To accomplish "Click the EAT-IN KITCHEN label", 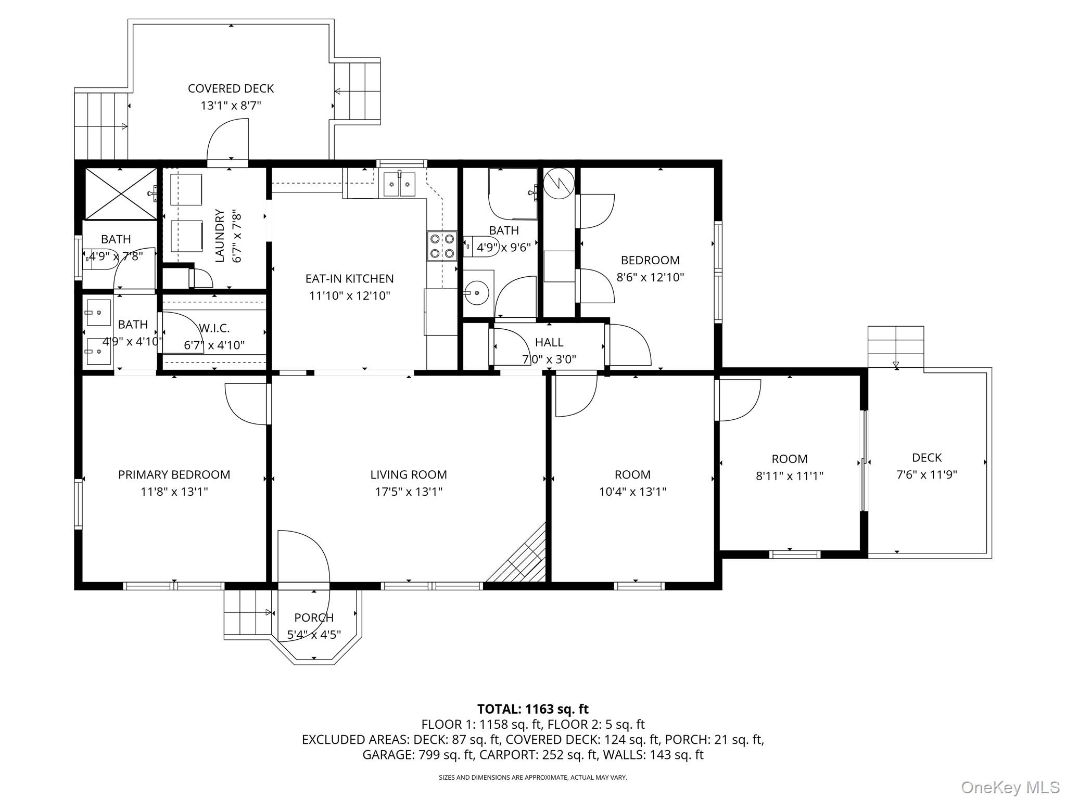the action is (349, 278).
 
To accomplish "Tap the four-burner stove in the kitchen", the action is (442, 246).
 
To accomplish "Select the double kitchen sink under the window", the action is (399, 184).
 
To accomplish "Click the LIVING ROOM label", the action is (409, 474).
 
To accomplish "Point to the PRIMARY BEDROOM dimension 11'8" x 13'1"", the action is (174, 492).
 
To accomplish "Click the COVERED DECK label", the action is (231, 88).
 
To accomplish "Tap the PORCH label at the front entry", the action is (314, 617).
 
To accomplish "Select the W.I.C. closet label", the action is (214, 328).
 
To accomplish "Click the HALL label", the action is (549, 342).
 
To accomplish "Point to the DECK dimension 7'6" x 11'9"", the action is (927, 474).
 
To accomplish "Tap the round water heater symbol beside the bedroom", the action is (559, 183).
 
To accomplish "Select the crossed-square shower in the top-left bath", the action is (120, 194).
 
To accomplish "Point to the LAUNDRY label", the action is (220, 236).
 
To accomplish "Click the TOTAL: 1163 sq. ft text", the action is (533, 709).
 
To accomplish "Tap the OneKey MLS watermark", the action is (1010, 787).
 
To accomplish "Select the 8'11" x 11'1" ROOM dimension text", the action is (790, 475).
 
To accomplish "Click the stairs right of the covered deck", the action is (358, 92).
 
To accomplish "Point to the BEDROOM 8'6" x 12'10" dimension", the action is (650, 277).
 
